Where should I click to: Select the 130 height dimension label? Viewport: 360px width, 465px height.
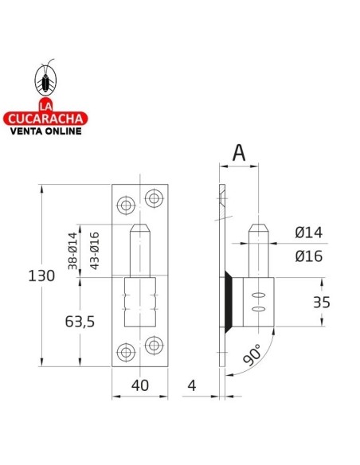coord(43,276)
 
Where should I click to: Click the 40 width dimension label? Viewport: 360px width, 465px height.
coord(140,385)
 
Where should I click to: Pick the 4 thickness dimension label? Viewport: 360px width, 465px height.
coord(192,385)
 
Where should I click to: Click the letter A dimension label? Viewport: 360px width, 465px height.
coord(239,152)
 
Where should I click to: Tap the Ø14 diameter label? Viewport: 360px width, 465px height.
coord(308,232)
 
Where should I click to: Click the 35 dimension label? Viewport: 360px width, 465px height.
coord(321,302)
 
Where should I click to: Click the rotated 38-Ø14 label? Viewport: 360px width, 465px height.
coord(72,249)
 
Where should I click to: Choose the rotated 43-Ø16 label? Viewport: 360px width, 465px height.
coord(94,248)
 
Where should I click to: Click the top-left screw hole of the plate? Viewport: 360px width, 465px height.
coord(124,205)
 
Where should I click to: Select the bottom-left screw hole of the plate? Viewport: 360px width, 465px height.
coord(124,352)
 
